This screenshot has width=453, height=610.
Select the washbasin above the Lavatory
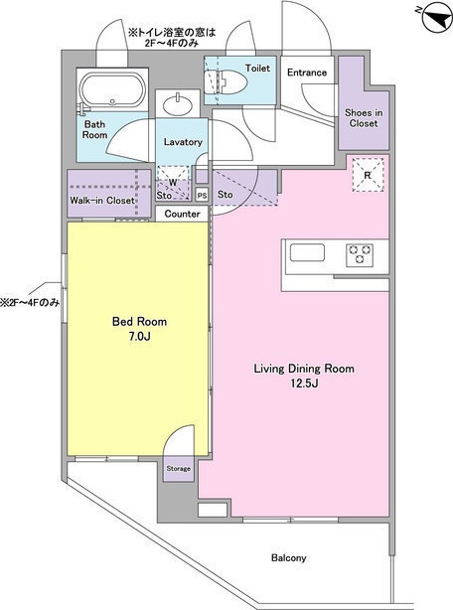[x=178, y=104]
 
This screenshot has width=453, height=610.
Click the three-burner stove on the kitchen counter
[x=360, y=255]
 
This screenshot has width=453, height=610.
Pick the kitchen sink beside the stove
[x=307, y=253]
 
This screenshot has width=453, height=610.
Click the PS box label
[x=202, y=196]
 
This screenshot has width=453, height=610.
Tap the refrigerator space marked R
[x=368, y=175]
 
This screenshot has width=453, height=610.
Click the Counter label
[x=182, y=214]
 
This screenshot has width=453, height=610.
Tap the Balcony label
[x=288, y=558]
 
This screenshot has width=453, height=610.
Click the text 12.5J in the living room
[x=304, y=383]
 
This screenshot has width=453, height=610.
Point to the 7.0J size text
[x=139, y=337]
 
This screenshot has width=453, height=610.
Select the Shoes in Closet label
[x=364, y=118]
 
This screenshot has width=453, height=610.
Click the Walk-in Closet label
[x=102, y=201]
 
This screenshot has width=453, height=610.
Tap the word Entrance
[x=307, y=73]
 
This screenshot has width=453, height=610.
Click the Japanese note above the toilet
[x=172, y=38]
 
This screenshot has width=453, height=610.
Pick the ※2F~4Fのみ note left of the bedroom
[x=30, y=302]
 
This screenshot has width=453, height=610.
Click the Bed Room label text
[x=139, y=321]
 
